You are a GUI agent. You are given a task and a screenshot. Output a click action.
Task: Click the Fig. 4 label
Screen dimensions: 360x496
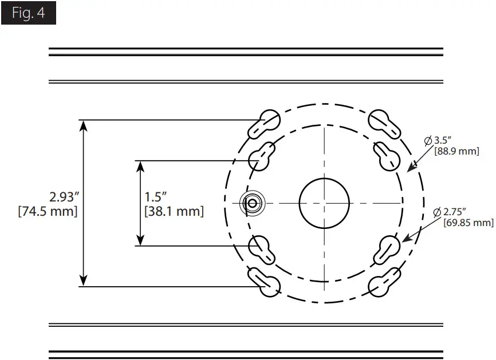[x=28, y=13]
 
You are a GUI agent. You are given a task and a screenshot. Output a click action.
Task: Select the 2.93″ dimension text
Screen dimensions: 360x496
[x=63, y=197]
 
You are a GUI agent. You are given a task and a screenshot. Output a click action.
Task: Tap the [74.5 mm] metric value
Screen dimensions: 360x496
[x=48, y=211]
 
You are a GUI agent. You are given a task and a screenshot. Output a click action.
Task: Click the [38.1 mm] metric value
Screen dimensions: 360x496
[x=174, y=211]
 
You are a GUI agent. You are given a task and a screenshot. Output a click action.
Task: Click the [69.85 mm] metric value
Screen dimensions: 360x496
[x=468, y=223]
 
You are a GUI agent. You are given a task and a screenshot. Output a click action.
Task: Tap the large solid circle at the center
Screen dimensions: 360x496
[x=324, y=203]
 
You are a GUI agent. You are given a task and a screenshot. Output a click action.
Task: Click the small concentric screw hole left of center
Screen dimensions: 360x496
[x=251, y=203]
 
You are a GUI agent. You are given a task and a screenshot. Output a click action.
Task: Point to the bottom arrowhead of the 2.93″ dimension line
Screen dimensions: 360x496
[x=84, y=280]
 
